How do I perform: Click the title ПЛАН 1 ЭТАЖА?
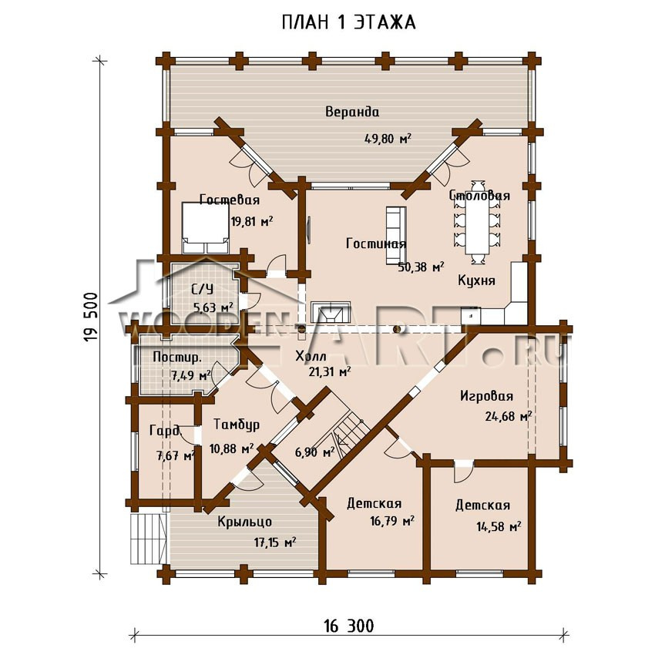348,22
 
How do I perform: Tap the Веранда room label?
353,112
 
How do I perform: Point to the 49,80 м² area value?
388,138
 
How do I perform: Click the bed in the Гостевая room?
206,228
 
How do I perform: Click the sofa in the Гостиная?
395,235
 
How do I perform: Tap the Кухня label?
477,280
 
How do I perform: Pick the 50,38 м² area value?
421,267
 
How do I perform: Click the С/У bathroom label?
202,289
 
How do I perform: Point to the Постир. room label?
177,358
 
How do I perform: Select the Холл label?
311,356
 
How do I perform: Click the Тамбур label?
237,425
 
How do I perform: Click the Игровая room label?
487,396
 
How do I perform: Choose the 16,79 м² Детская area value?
391,521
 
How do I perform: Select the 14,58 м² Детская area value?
499,526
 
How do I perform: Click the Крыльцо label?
245,522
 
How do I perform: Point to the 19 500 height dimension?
91,317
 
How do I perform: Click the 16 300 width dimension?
349,626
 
